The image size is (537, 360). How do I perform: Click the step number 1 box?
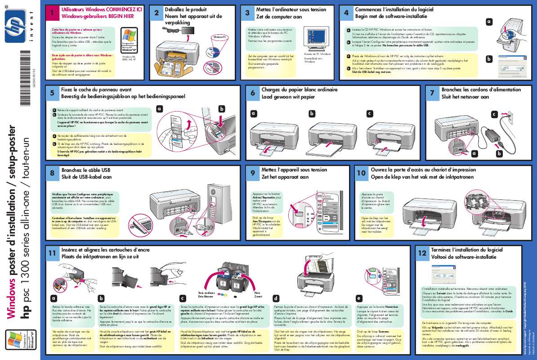point(53,14)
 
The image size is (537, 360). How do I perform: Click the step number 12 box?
point(422,253)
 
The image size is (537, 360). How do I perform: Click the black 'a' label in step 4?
point(489,22)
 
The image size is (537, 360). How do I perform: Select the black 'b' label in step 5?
point(221,108)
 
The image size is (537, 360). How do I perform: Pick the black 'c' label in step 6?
point(369,113)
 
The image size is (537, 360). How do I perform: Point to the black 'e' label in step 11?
point(358,298)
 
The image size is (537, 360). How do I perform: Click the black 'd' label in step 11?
point(276,298)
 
